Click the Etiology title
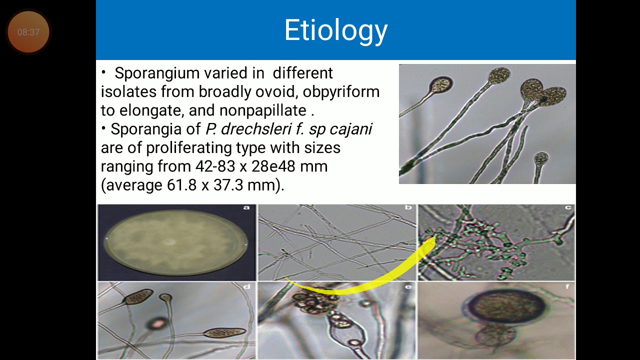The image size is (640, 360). [335, 30]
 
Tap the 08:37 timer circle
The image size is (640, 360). [28, 32]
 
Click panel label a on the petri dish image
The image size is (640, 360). [246, 207]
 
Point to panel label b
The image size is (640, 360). [408, 207]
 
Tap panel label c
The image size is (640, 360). [568, 207]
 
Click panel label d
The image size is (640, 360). [246, 287]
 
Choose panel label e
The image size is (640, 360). [408, 287]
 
